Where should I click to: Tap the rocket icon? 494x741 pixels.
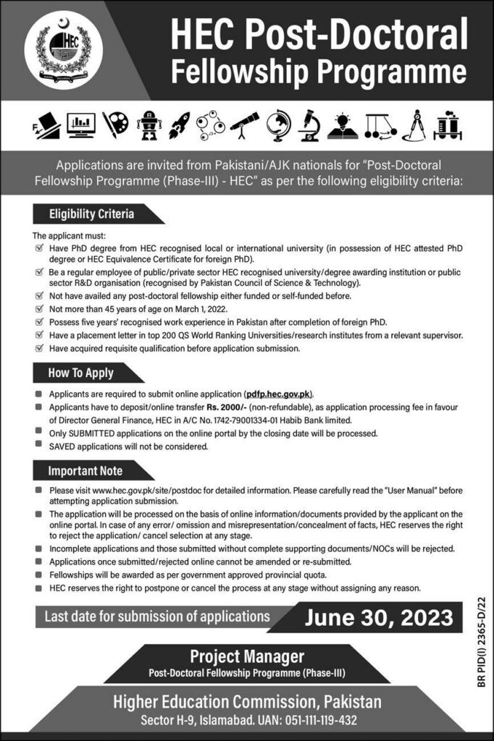coord(179,125)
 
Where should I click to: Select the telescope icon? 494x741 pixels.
coord(244,125)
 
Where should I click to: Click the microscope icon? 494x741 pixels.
coord(308,125)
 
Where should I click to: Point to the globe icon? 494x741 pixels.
coord(276,125)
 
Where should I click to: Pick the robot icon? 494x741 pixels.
coord(148,125)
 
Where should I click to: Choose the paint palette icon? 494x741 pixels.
coord(114,125)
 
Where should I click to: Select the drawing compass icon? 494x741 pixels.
coord(416,125)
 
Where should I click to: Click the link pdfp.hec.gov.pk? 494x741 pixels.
coord(279,394)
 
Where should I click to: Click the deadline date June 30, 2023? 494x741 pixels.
coord(379,618)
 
